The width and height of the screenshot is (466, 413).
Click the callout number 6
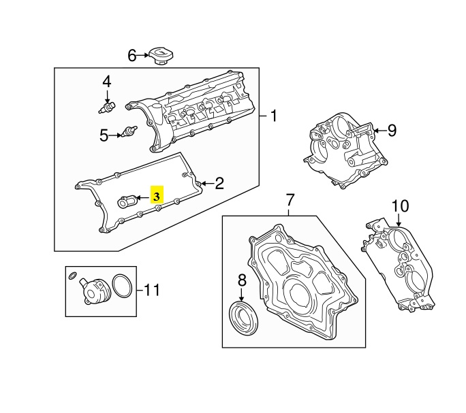132,56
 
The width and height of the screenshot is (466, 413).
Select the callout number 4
107,82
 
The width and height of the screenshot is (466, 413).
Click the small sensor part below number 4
107,106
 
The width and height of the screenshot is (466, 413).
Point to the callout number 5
104,135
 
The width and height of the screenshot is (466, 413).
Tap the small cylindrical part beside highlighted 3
127,201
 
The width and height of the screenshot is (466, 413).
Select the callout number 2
219,182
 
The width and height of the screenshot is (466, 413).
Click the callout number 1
273,116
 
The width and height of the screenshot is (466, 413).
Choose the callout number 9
391,131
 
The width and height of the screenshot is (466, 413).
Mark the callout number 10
400,206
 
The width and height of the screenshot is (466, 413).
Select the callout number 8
241,279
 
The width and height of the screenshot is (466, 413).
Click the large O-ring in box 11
121,286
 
